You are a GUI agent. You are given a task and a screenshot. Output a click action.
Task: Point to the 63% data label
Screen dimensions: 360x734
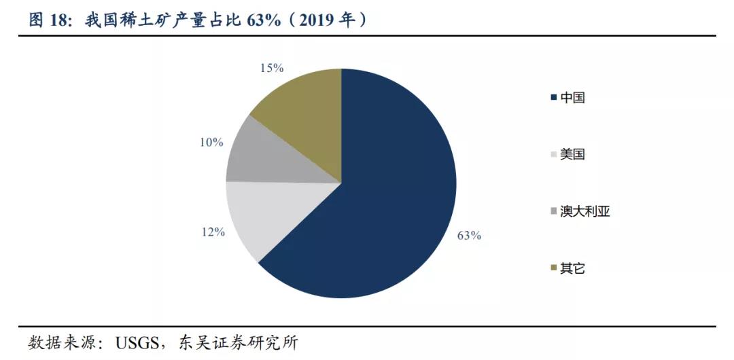point(469,236)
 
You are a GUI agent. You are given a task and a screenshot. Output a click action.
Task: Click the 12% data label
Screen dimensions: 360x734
point(213,232)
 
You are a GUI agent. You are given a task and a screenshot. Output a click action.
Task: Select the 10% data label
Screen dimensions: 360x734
point(211,142)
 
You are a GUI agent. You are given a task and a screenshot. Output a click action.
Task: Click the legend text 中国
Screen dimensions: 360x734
point(572,98)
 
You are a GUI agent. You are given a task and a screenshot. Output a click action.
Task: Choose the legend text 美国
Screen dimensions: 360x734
point(572,155)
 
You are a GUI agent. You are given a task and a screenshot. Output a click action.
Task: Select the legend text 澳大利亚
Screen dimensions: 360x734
point(585,211)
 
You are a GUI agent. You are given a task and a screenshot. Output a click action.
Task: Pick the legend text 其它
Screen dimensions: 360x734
point(572,268)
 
